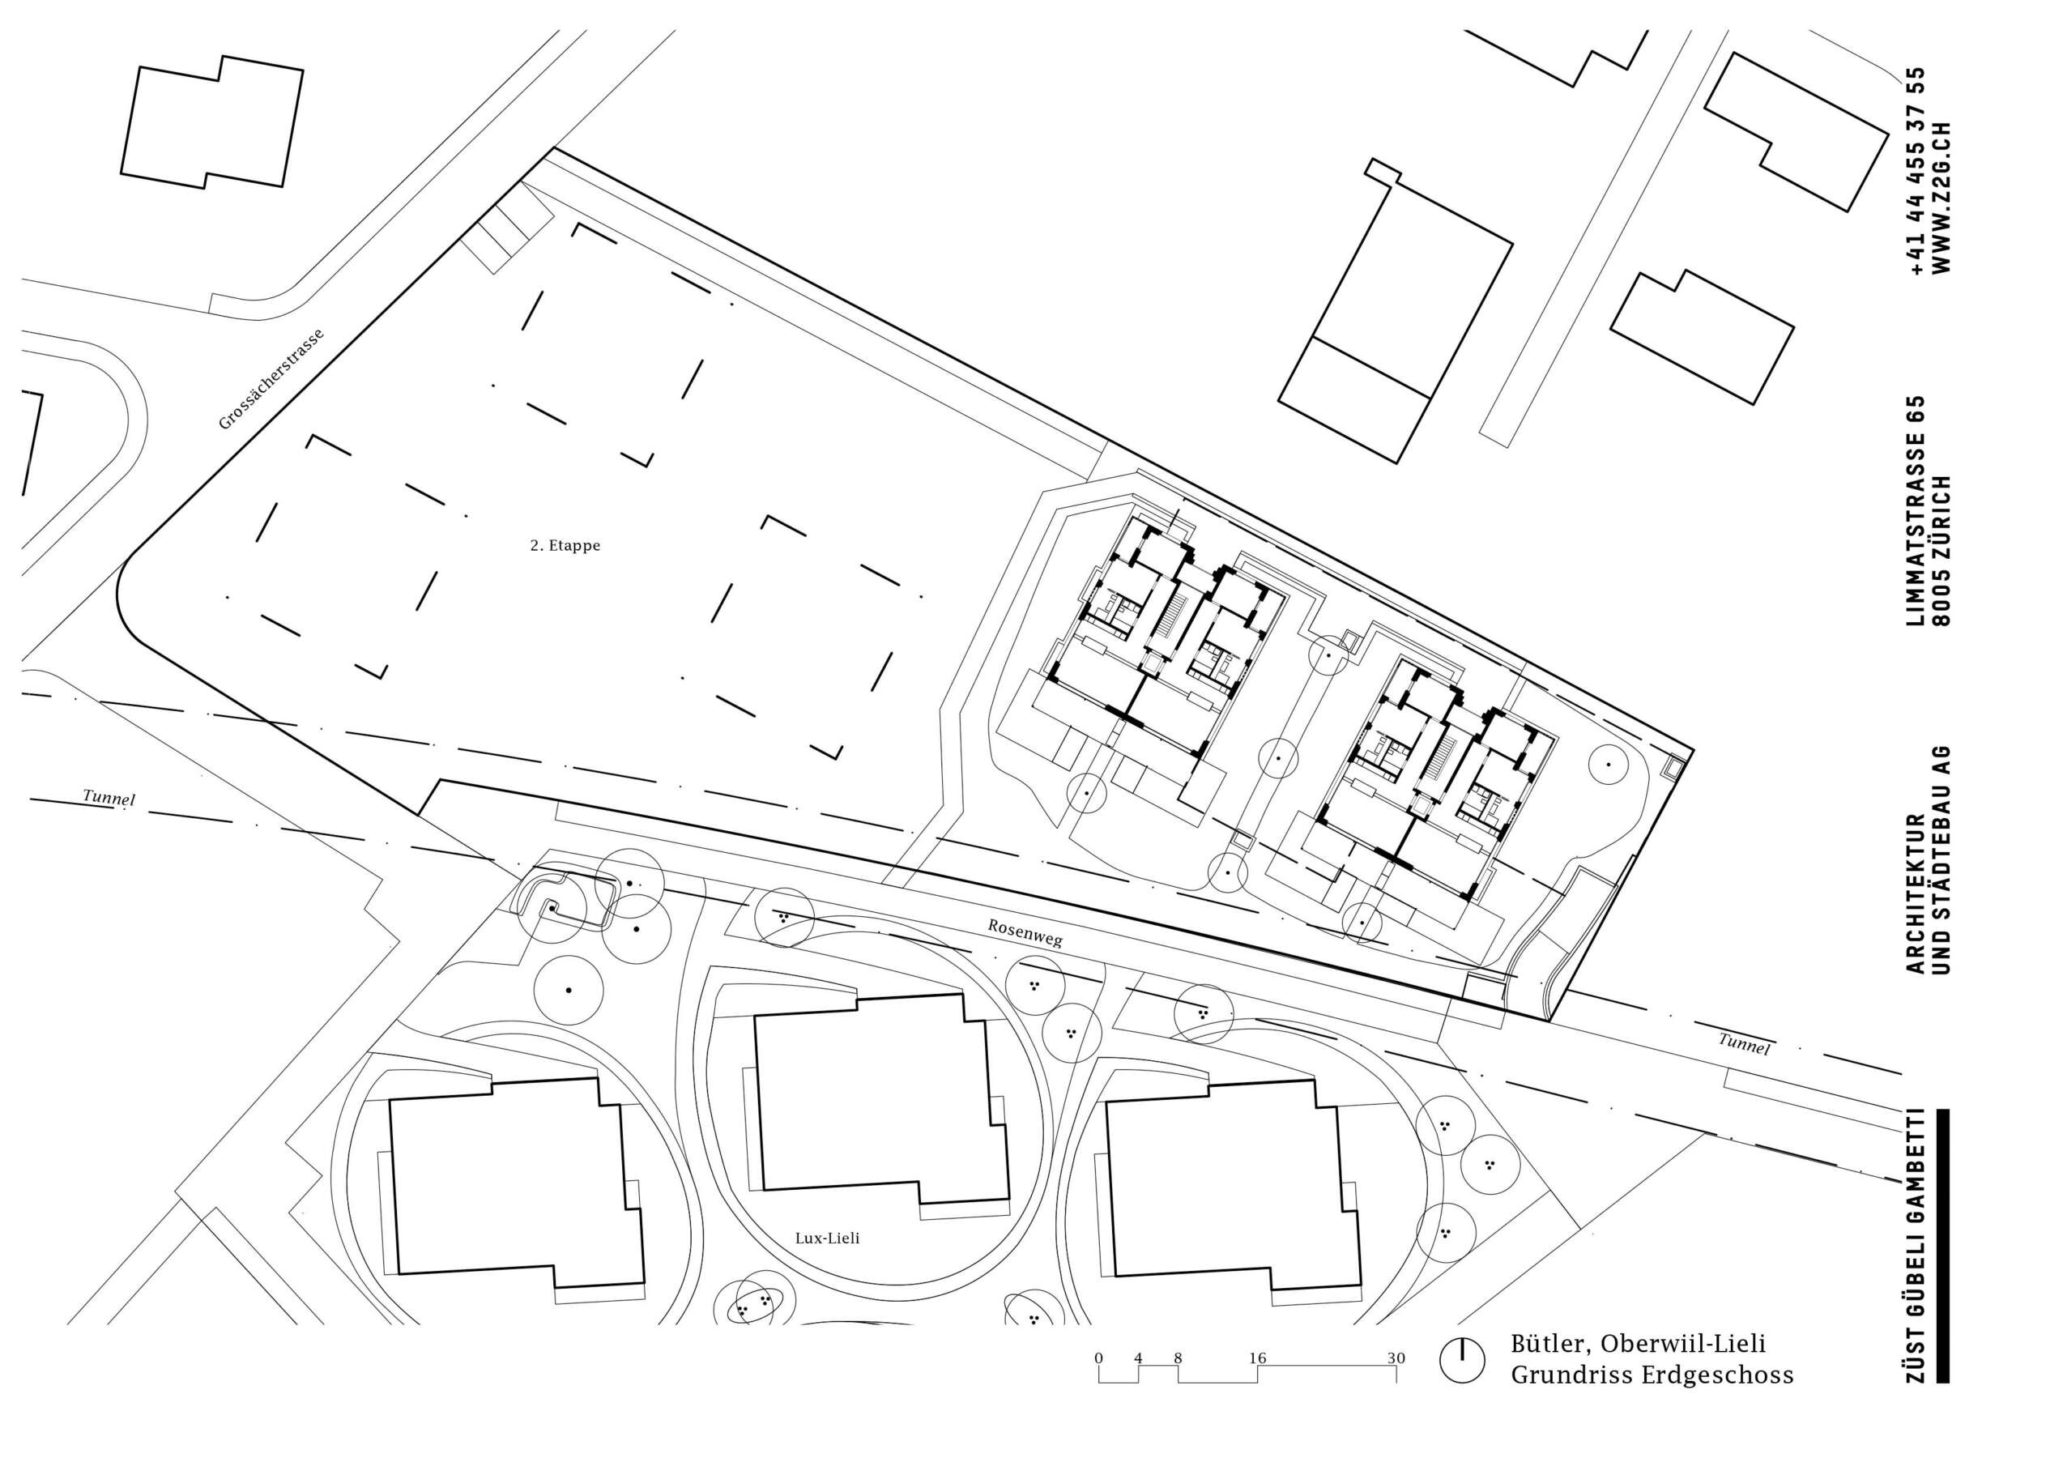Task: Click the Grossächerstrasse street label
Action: [x=271, y=379]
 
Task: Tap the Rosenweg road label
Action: [x=1025, y=933]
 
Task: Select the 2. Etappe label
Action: [x=565, y=545]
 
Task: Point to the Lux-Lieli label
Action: [x=828, y=1238]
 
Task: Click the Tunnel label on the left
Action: [x=109, y=797]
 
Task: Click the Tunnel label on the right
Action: [x=1744, y=1044]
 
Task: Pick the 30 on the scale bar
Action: [x=1396, y=1358]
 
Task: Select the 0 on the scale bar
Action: [x=1098, y=1358]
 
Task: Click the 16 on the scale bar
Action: [x=1257, y=1358]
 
